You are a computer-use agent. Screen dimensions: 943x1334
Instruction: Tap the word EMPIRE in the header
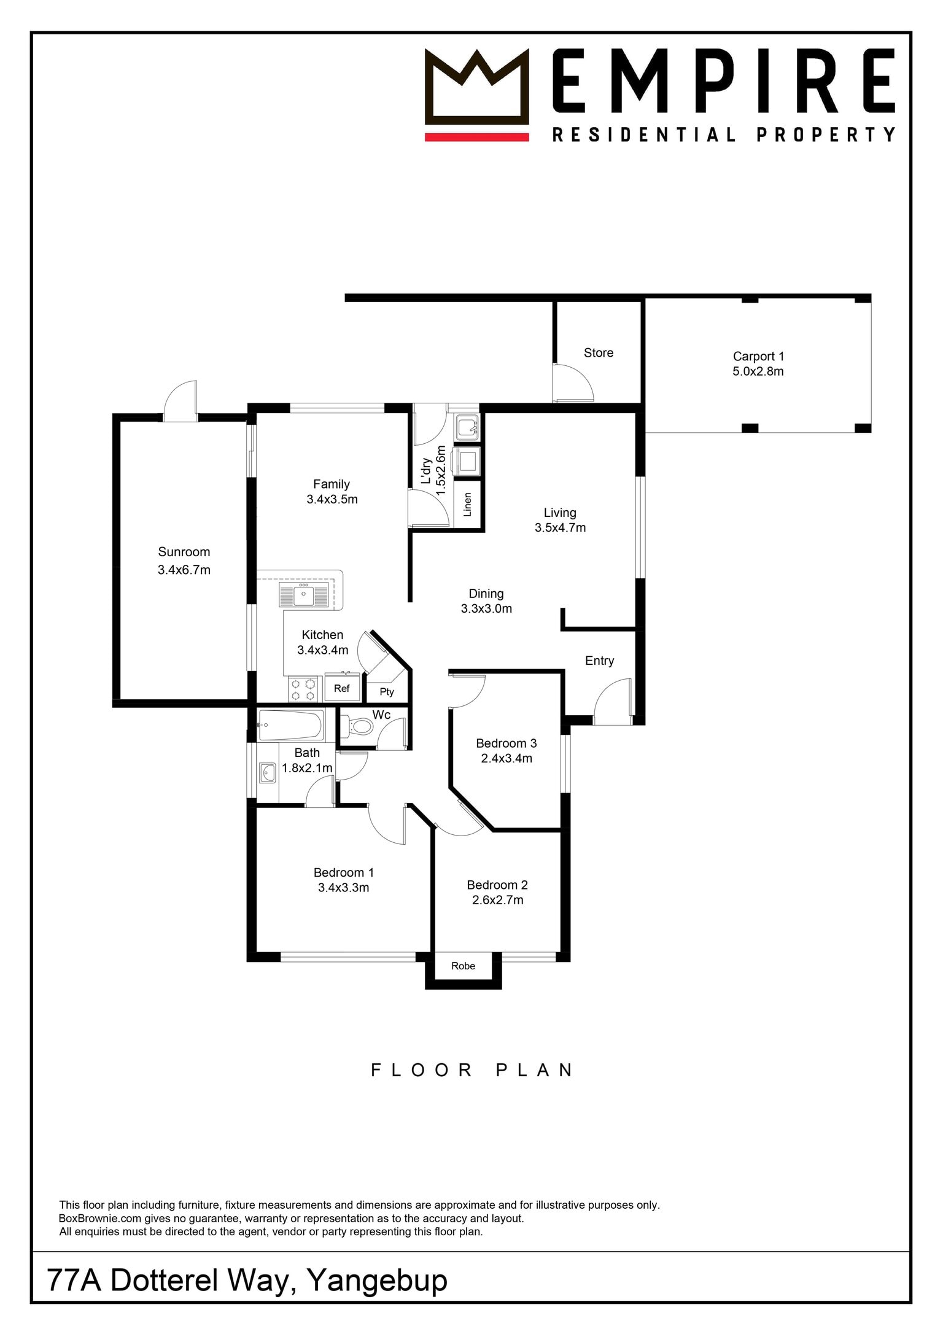[724, 82]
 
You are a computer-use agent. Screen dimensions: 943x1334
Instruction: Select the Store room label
[599, 353]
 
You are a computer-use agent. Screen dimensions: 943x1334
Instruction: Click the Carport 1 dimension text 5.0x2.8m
[758, 371]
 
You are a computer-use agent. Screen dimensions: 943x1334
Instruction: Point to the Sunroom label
[184, 552]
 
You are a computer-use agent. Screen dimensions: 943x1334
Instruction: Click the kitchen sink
[304, 595]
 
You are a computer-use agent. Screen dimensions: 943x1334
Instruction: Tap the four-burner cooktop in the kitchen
[304, 689]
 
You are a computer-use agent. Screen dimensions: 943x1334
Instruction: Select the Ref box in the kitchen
[342, 689]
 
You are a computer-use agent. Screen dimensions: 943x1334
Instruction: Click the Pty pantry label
[387, 692]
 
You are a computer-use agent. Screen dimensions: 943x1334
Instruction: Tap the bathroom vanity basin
[268, 773]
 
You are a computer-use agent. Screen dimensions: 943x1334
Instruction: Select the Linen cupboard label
[468, 505]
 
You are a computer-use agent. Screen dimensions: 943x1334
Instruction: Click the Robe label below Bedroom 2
[464, 966]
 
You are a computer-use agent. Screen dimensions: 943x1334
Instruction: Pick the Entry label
[600, 661]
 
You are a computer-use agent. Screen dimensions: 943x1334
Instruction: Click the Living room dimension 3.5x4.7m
[561, 527]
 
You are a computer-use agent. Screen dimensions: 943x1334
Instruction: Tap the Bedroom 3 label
[506, 743]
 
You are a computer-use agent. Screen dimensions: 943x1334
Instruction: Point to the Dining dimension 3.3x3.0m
[487, 608]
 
